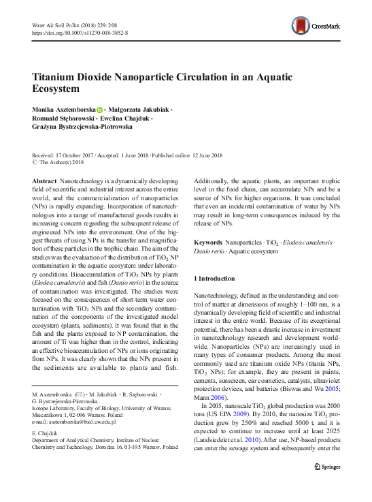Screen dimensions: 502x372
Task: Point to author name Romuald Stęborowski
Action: (65, 119)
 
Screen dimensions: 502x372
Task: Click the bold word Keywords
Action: (207, 242)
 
